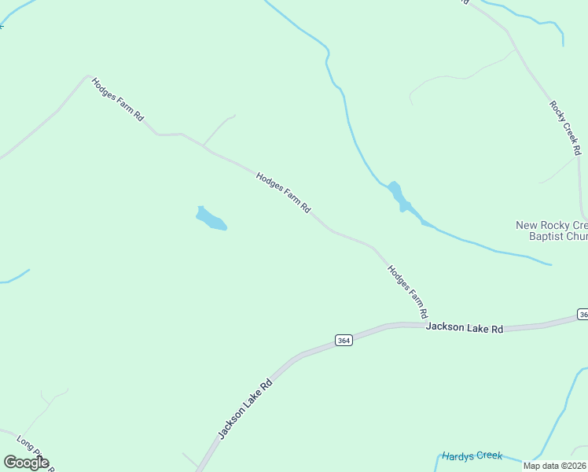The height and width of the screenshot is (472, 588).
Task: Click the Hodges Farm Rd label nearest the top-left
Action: [x=118, y=99]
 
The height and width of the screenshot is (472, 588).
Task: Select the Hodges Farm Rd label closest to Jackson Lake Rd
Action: [x=407, y=292]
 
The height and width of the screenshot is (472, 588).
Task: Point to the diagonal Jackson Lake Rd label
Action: [x=245, y=409]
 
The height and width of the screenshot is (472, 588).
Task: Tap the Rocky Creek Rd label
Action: [x=565, y=127]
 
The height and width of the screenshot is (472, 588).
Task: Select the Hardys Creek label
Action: [x=472, y=455]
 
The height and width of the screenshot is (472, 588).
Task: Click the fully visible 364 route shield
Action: [x=343, y=340]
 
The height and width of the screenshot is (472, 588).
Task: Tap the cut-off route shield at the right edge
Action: [x=582, y=314]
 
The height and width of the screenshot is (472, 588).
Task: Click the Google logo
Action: [x=26, y=463]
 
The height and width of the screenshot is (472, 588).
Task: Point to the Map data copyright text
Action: [x=554, y=466]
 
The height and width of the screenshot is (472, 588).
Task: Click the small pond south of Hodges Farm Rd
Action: [x=211, y=219]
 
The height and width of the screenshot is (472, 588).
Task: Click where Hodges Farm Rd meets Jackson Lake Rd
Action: [x=425, y=323]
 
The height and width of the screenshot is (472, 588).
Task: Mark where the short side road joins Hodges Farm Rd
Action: [x=204, y=146]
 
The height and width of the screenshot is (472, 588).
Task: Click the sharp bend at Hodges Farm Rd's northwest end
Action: [x=87, y=76]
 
